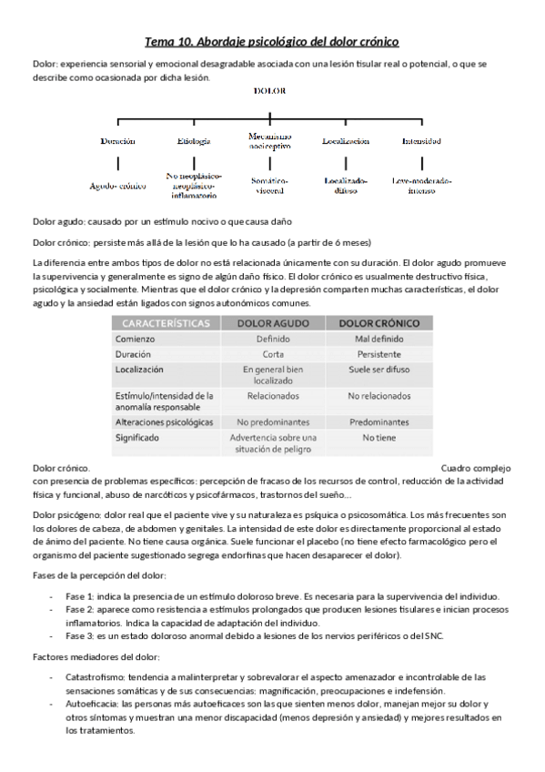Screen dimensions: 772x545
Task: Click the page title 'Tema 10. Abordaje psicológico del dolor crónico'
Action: [x=272, y=42]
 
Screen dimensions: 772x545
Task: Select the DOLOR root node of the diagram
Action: [x=271, y=92]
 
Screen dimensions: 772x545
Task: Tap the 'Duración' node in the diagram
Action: [x=117, y=141]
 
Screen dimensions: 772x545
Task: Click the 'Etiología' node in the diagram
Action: [x=193, y=141]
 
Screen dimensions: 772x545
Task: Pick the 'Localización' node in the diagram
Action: [x=345, y=141]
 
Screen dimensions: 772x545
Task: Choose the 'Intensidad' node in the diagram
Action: [x=421, y=141]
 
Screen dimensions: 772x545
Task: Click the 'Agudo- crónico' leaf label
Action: [x=117, y=185]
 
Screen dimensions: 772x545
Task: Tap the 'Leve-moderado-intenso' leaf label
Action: [x=421, y=185]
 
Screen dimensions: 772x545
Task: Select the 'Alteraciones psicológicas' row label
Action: [x=165, y=422]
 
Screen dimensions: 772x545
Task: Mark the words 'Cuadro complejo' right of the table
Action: [x=477, y=467]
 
